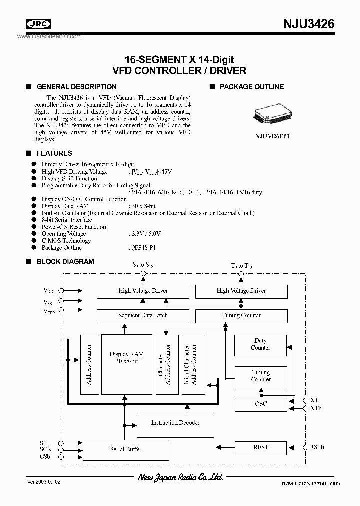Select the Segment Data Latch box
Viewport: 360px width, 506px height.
(143, 316)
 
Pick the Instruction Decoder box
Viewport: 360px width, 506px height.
(175, 423)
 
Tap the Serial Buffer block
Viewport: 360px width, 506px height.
(126, 449)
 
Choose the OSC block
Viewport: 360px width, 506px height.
(261, 404)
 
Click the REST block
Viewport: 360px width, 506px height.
(261, 447)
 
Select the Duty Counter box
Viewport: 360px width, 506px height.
(261, 344)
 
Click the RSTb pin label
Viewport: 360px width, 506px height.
(317, 447)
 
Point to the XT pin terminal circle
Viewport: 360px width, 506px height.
(305, 401)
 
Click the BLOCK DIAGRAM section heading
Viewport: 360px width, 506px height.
(65, 261)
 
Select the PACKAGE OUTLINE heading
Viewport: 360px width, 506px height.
(252, 87)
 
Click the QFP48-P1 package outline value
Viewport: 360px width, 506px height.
(141, 248)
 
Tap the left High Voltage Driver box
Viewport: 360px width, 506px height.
(143, 290)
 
